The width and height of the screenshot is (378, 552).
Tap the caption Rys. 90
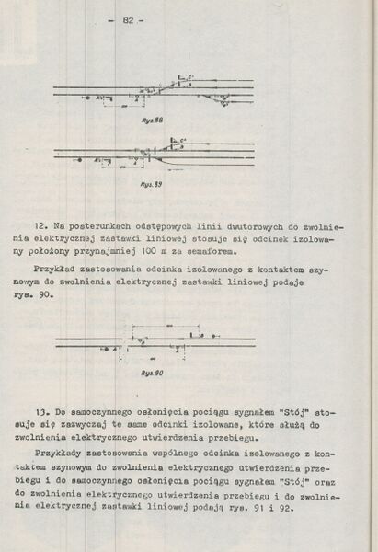tap(153, 372)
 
